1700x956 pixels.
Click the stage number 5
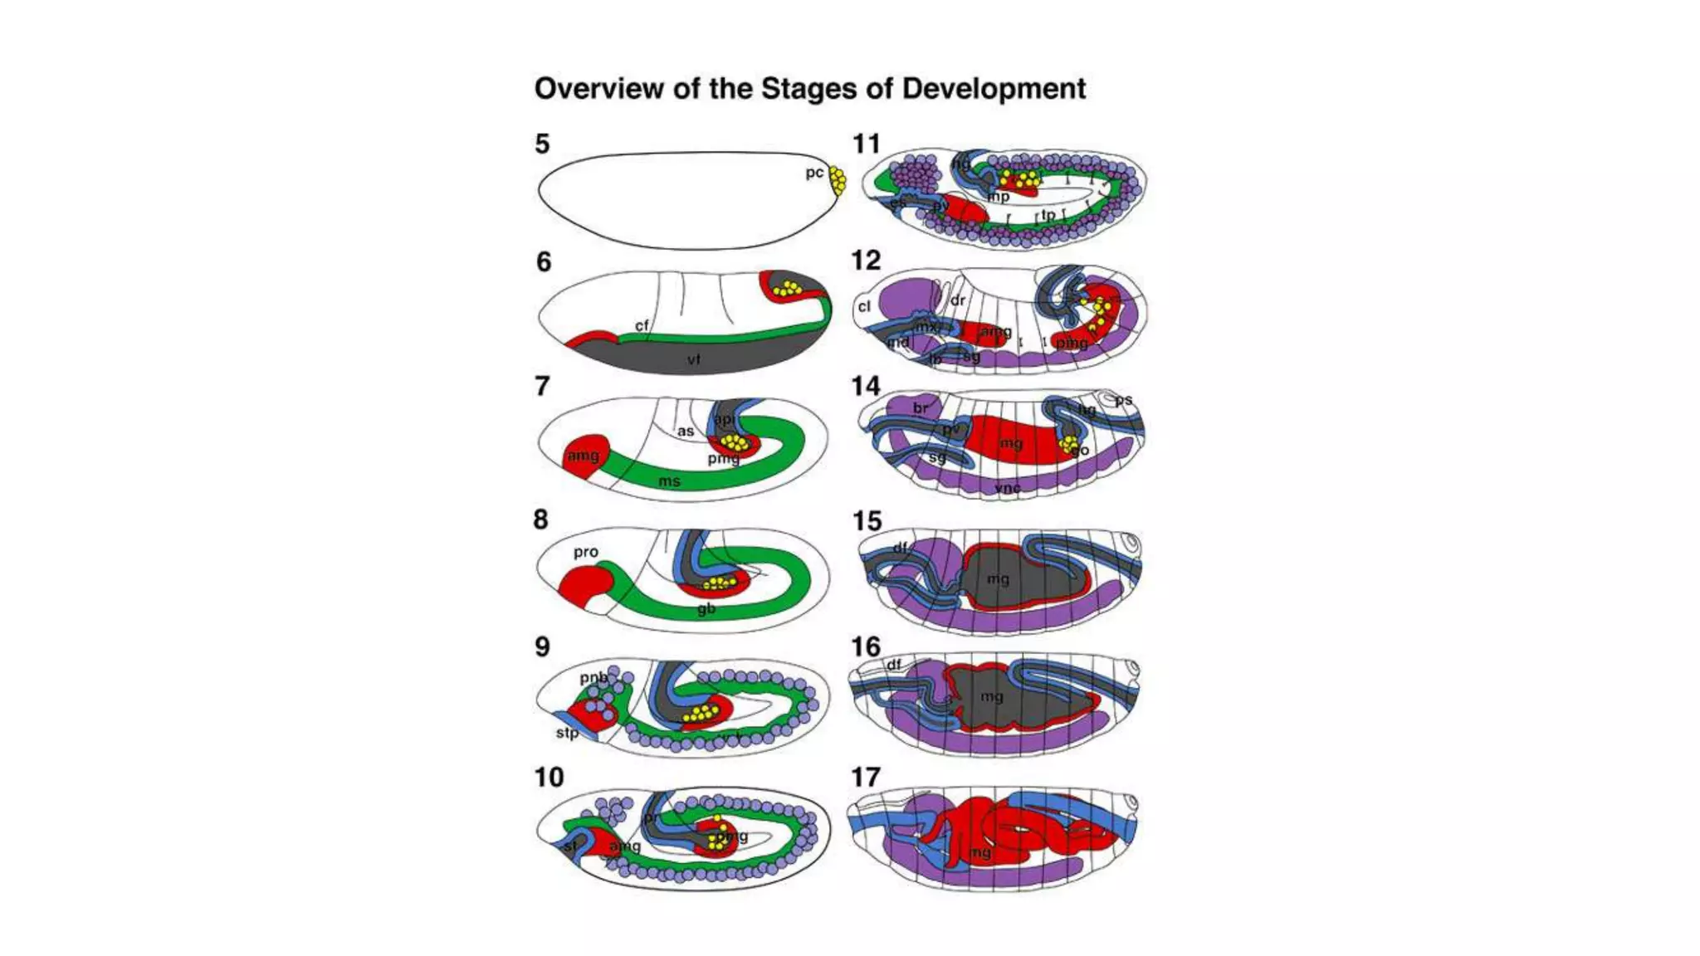point(542,144)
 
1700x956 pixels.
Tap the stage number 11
point(866,144)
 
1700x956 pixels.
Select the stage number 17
point(866,777)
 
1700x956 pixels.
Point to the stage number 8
point(541,519)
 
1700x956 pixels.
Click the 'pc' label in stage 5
point(814,173)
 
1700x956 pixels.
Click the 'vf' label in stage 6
point(694,359)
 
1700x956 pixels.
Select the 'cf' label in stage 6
point(642,325)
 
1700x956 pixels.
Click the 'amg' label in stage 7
point(583,456)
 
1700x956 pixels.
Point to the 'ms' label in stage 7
point(669,481)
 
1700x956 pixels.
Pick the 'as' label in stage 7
point(685,432)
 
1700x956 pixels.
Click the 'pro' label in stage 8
point(585,552)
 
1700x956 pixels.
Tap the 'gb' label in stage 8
point(706,609)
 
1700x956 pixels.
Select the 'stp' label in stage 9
point(567,733)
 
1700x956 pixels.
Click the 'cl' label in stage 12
point(864,306)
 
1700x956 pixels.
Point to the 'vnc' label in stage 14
point(1007,488)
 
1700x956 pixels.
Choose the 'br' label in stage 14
point(921,408)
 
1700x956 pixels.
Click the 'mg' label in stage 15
point(998,578)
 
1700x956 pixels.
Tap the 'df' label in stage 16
point(894,665)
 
